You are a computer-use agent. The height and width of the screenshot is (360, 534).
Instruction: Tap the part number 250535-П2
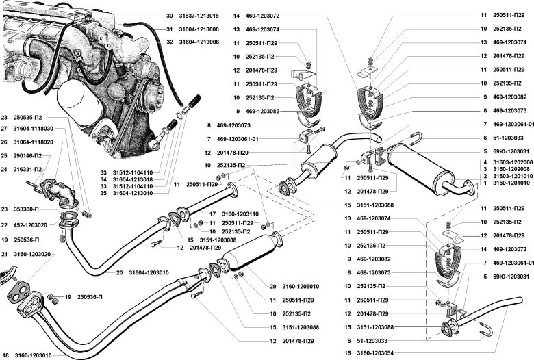33,117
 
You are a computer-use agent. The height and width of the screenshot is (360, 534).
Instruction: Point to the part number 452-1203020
33,224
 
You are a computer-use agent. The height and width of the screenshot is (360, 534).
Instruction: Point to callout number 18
5,355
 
